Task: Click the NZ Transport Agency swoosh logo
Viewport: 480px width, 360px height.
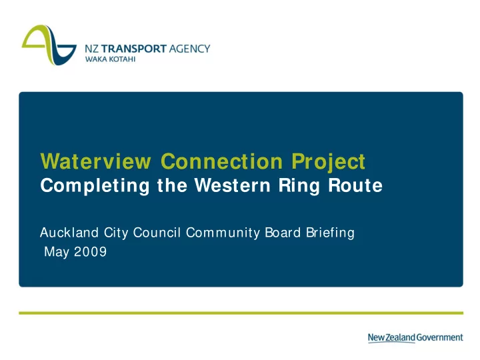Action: click(49, 45)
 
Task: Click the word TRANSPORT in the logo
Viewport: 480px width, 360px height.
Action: click(134, 49)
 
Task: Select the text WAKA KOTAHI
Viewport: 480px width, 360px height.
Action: click(110, 59)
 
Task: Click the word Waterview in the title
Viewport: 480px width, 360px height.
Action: click(95, 161)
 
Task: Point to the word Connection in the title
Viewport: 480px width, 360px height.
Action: click(221, 161)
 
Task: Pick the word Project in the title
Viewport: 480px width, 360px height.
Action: click(328, 162)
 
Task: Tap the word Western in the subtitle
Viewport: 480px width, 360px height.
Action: click(233, 185)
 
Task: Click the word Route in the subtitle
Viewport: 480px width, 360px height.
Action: click(355, 185)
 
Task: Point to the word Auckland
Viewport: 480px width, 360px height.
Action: click(69, 233)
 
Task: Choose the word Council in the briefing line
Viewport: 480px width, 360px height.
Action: click(157, 233)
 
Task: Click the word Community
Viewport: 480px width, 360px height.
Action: click(223, 233)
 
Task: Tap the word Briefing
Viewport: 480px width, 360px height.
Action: click(330, 233)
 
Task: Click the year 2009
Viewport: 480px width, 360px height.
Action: click(90, 251)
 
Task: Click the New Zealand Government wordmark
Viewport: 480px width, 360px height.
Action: click(415, 337)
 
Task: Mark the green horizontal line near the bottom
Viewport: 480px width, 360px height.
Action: click(241, 313)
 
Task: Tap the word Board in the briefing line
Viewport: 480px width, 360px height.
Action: click(283, 233)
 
